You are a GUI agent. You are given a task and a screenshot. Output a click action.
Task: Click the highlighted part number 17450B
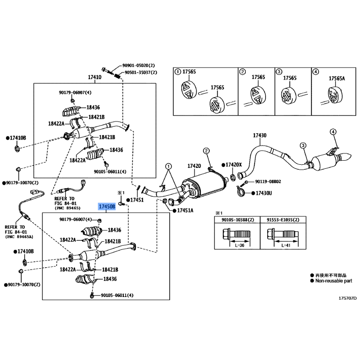tap(107, 206)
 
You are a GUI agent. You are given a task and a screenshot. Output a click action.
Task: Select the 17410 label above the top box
tap(94, 77)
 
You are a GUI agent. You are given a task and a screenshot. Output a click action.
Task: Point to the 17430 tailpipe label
tap(259, 135)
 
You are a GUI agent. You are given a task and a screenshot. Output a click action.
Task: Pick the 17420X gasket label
tap(234, 165)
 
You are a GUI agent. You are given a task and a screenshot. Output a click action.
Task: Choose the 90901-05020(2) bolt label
tap(139, 65)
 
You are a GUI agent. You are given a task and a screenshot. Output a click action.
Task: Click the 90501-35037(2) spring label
tap(140, 72)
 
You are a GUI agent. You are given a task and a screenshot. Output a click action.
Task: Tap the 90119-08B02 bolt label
tap(268, 181)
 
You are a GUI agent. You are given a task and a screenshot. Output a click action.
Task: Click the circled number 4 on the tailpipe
tap(333, 131)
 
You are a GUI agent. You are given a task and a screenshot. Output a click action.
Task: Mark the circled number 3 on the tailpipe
tap(303, 145)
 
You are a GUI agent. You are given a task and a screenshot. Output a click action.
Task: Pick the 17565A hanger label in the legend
tap(337, 78)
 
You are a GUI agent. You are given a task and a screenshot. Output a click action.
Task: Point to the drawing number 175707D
tap(347, 297)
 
